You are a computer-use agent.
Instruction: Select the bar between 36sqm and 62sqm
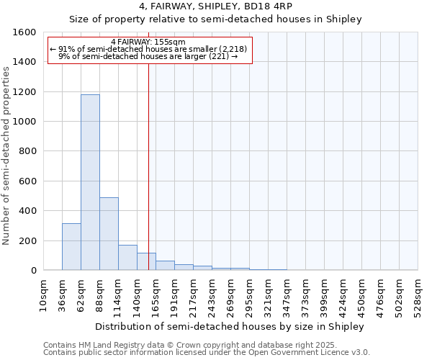71,247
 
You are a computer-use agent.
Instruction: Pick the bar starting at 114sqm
127,258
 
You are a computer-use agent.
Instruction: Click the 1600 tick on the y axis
24,32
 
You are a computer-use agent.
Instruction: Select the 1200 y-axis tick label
24,92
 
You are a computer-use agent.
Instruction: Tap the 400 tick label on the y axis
27,211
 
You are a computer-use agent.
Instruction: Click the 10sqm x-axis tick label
43,294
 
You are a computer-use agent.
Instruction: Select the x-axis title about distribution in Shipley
230,326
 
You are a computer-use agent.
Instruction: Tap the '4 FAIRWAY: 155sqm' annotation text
148,42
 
